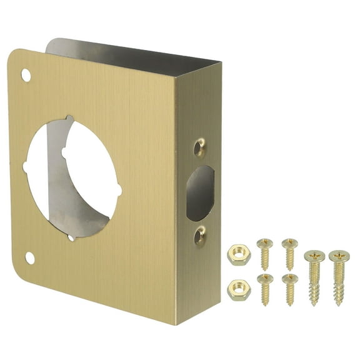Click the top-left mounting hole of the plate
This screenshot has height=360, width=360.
point(26,75)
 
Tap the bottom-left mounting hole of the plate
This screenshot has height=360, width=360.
point(29,257)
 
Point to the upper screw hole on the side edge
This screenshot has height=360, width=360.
point(199,147)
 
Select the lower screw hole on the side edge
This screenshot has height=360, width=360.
point(199,237)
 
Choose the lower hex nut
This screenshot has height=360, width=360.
point(237,289)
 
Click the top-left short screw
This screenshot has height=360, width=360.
point(265,252)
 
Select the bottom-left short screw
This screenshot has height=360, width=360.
point(265,288)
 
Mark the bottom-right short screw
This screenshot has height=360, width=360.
point(289,288)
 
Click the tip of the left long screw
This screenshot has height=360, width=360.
point(314,304)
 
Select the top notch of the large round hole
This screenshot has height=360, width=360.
point(69,119)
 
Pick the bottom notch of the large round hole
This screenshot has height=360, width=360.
point(72,237)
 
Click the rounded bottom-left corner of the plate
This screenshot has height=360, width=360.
point(25,275)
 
